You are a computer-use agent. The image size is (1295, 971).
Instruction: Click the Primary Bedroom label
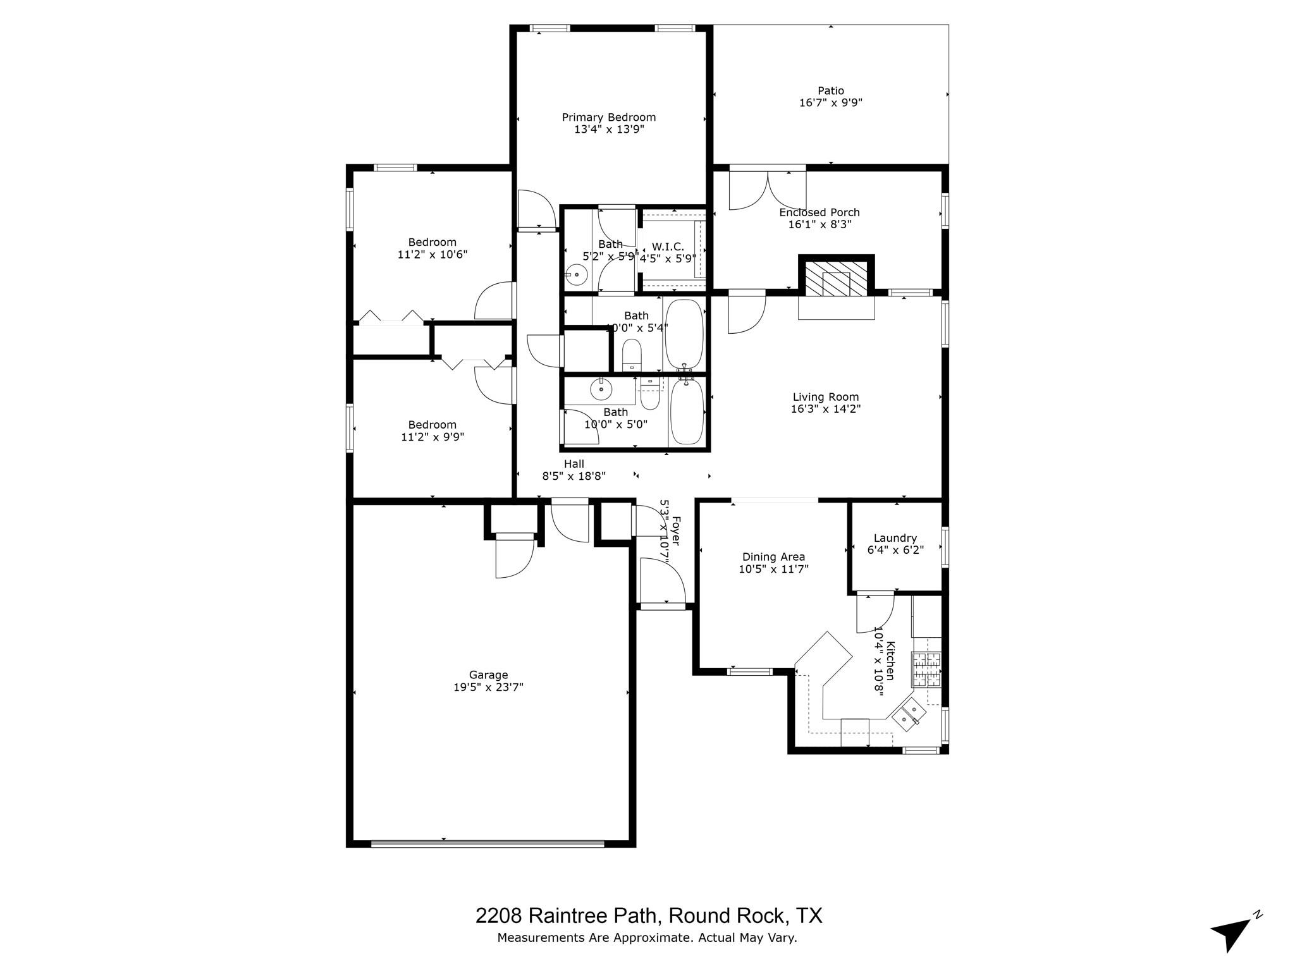(x=608, y=118)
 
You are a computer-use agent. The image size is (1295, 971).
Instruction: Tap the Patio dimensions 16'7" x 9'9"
(x=830, y=102)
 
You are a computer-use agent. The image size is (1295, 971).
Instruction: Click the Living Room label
(x=825, y=397)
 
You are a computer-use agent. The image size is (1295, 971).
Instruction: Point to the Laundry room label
(x=895, y=538)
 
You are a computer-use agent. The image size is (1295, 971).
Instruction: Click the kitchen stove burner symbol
(x=926, y=669)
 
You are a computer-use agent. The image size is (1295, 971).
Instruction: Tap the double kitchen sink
(x=909, y=714)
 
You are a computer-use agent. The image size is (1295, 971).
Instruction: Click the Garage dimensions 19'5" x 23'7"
(x=488, y=687)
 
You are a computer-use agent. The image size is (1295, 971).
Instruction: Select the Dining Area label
(x=773, y=557)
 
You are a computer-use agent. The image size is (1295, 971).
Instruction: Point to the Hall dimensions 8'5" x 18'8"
(x=574, y=476)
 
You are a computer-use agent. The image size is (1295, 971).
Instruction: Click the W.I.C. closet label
(x=668, y=247)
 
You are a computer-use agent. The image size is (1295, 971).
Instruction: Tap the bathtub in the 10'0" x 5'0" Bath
(x=685, y=411)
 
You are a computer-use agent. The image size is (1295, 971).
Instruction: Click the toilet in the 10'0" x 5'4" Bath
(x=632, y=355)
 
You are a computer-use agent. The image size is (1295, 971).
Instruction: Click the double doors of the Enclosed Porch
(x=768, y=189)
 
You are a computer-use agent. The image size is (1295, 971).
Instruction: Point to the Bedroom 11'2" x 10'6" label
(x=432, y=242)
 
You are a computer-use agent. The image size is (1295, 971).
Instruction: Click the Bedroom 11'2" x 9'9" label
(x=432, y=425)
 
